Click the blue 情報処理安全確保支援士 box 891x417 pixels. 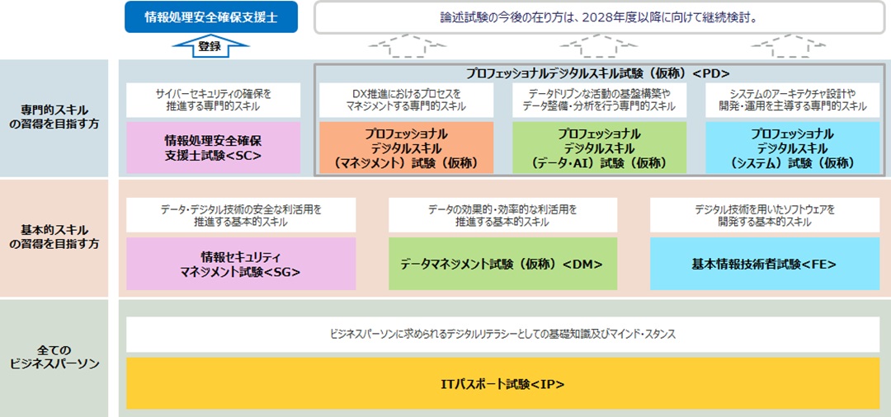pyautogui.click(x=211, y=17)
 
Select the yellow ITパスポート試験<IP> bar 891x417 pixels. pyautogui.click(x=502, y=383)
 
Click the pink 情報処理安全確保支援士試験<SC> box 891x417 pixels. pyautogui.click(x=213, y=147)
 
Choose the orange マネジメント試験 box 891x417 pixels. pyautogui.click(x=406, y=147)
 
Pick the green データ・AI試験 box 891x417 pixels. pyautogui.click(x=599, y=147)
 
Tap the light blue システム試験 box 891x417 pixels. pyautogui.click(x=792, y=147)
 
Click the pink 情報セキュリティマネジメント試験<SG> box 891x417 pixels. pyautogui.click(x=241, y=264)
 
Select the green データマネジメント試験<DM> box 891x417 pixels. pyautogui.click(x=502, y=264)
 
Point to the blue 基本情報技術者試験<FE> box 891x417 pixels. pyautogui.click(x=764, y=264)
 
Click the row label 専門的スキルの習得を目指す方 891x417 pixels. pyautogui.click(x=54, y=117)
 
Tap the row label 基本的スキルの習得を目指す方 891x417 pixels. pyautogui.click(x=54, y=237)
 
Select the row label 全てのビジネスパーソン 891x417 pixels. pyautogui.click(x=54, y=357)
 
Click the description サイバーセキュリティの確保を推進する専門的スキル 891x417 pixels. pyautogui.click(x=213, y=101)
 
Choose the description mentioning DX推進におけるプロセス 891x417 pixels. pyautogui.click(x=406, y=101)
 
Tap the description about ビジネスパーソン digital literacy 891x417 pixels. pyautogui.click(x=502, y=335)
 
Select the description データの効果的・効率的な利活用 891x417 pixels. pyautogui.click(x=502, y=215)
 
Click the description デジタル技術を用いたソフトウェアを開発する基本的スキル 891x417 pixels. pyautogui.click(x=764, y=215)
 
